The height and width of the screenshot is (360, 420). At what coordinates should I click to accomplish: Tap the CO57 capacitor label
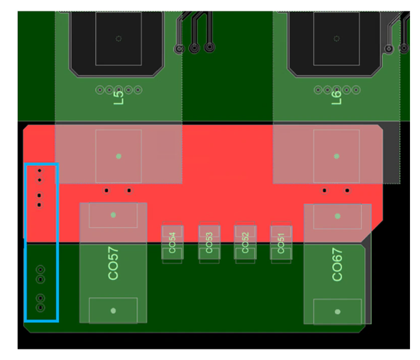[x=113, y=263]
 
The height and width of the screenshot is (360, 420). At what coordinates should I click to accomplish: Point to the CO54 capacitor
[x=172, y=240]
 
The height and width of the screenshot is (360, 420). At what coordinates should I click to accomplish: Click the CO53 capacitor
[x=209, y=240]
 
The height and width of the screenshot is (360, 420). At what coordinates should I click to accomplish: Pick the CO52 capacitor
[x=245, y=240]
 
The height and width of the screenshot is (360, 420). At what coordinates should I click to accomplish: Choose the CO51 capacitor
[x=281, y=240]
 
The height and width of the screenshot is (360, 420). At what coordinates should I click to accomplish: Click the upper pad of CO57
[x=113, y=215]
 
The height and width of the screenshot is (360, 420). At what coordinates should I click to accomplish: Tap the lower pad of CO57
[x=113, y=310]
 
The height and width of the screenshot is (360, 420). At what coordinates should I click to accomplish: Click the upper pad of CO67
[x=338, y=216]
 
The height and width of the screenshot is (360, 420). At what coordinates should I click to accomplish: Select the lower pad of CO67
[x=338, y=312]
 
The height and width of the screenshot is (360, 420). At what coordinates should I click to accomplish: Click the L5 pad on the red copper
[x=118, y=156]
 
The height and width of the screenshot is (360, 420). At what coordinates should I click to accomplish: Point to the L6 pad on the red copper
[x=336, y=155]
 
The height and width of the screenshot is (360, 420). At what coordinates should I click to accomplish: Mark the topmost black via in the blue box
[x=39, y=171]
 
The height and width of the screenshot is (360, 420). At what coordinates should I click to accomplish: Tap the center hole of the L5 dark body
[x=118, y=38]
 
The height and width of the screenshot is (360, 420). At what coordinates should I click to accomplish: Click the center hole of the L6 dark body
[x=336, y=38]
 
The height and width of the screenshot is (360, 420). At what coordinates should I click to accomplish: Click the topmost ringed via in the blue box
[x=41, y=269]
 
